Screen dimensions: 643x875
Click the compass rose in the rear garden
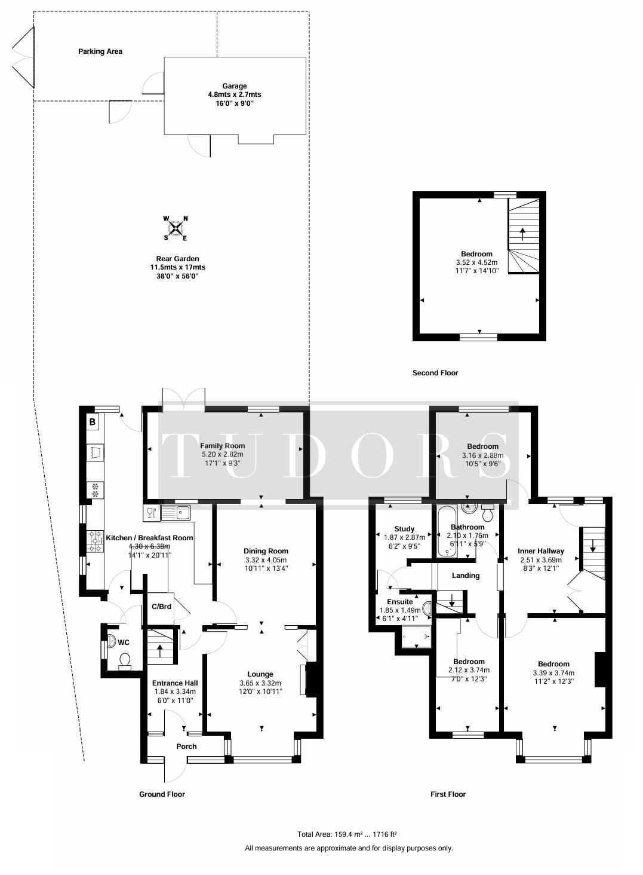(x=176, y=228)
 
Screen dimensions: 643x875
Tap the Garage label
(x=235, y=86)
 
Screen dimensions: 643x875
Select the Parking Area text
(x=100, y=51)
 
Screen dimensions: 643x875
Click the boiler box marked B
(x=93, y=422)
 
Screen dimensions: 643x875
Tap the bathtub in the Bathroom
(x=444, y=531)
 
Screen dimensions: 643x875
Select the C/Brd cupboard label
(x=162, y=607)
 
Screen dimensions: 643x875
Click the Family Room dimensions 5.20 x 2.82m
(x=223, y=454)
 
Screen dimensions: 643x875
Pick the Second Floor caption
(x=435, y=373)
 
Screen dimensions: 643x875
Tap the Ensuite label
(x=400, y=602)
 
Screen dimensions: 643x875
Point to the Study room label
(x=404, y=529)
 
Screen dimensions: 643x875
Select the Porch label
(x=186, y=746)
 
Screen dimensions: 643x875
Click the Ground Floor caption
(x=162, y=794)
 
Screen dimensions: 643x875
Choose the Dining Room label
(x=266, y=551)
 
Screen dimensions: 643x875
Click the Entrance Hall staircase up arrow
(x=159, y=651)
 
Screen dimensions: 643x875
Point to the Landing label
(x=466, y=576)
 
